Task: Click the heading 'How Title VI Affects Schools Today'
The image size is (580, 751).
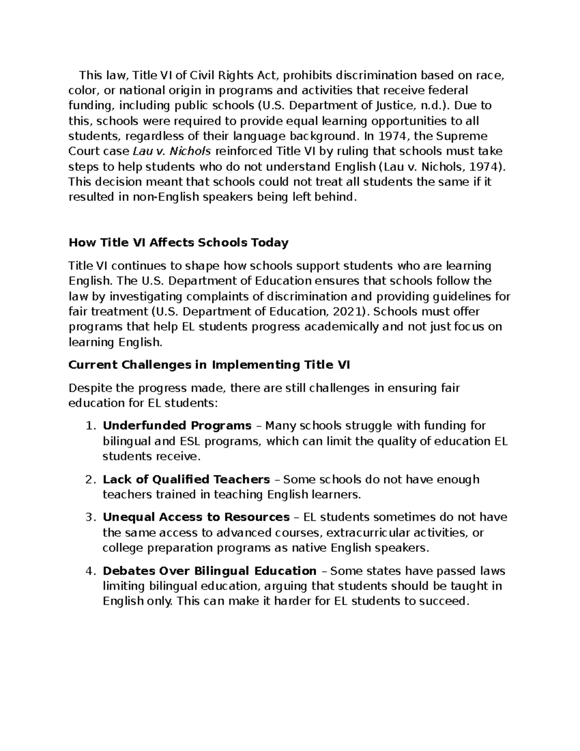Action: tap(178, 242)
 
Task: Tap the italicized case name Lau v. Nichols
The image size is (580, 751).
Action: tap(172, 151)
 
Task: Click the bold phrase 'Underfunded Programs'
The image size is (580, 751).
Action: tap(177, 426)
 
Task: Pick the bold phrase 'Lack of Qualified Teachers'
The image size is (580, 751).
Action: tap(186, 479)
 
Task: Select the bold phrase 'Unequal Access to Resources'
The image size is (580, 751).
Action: tap(196, 517)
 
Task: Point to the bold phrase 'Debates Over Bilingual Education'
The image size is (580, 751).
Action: tap(209, 571)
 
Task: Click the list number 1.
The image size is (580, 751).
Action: tap(89, 426)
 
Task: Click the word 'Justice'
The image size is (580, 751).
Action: tap(393, 105)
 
